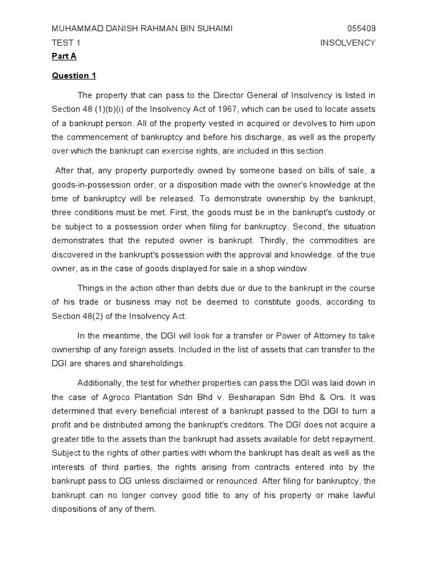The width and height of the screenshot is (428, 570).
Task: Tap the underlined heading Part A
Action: (x=63, y=56)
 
